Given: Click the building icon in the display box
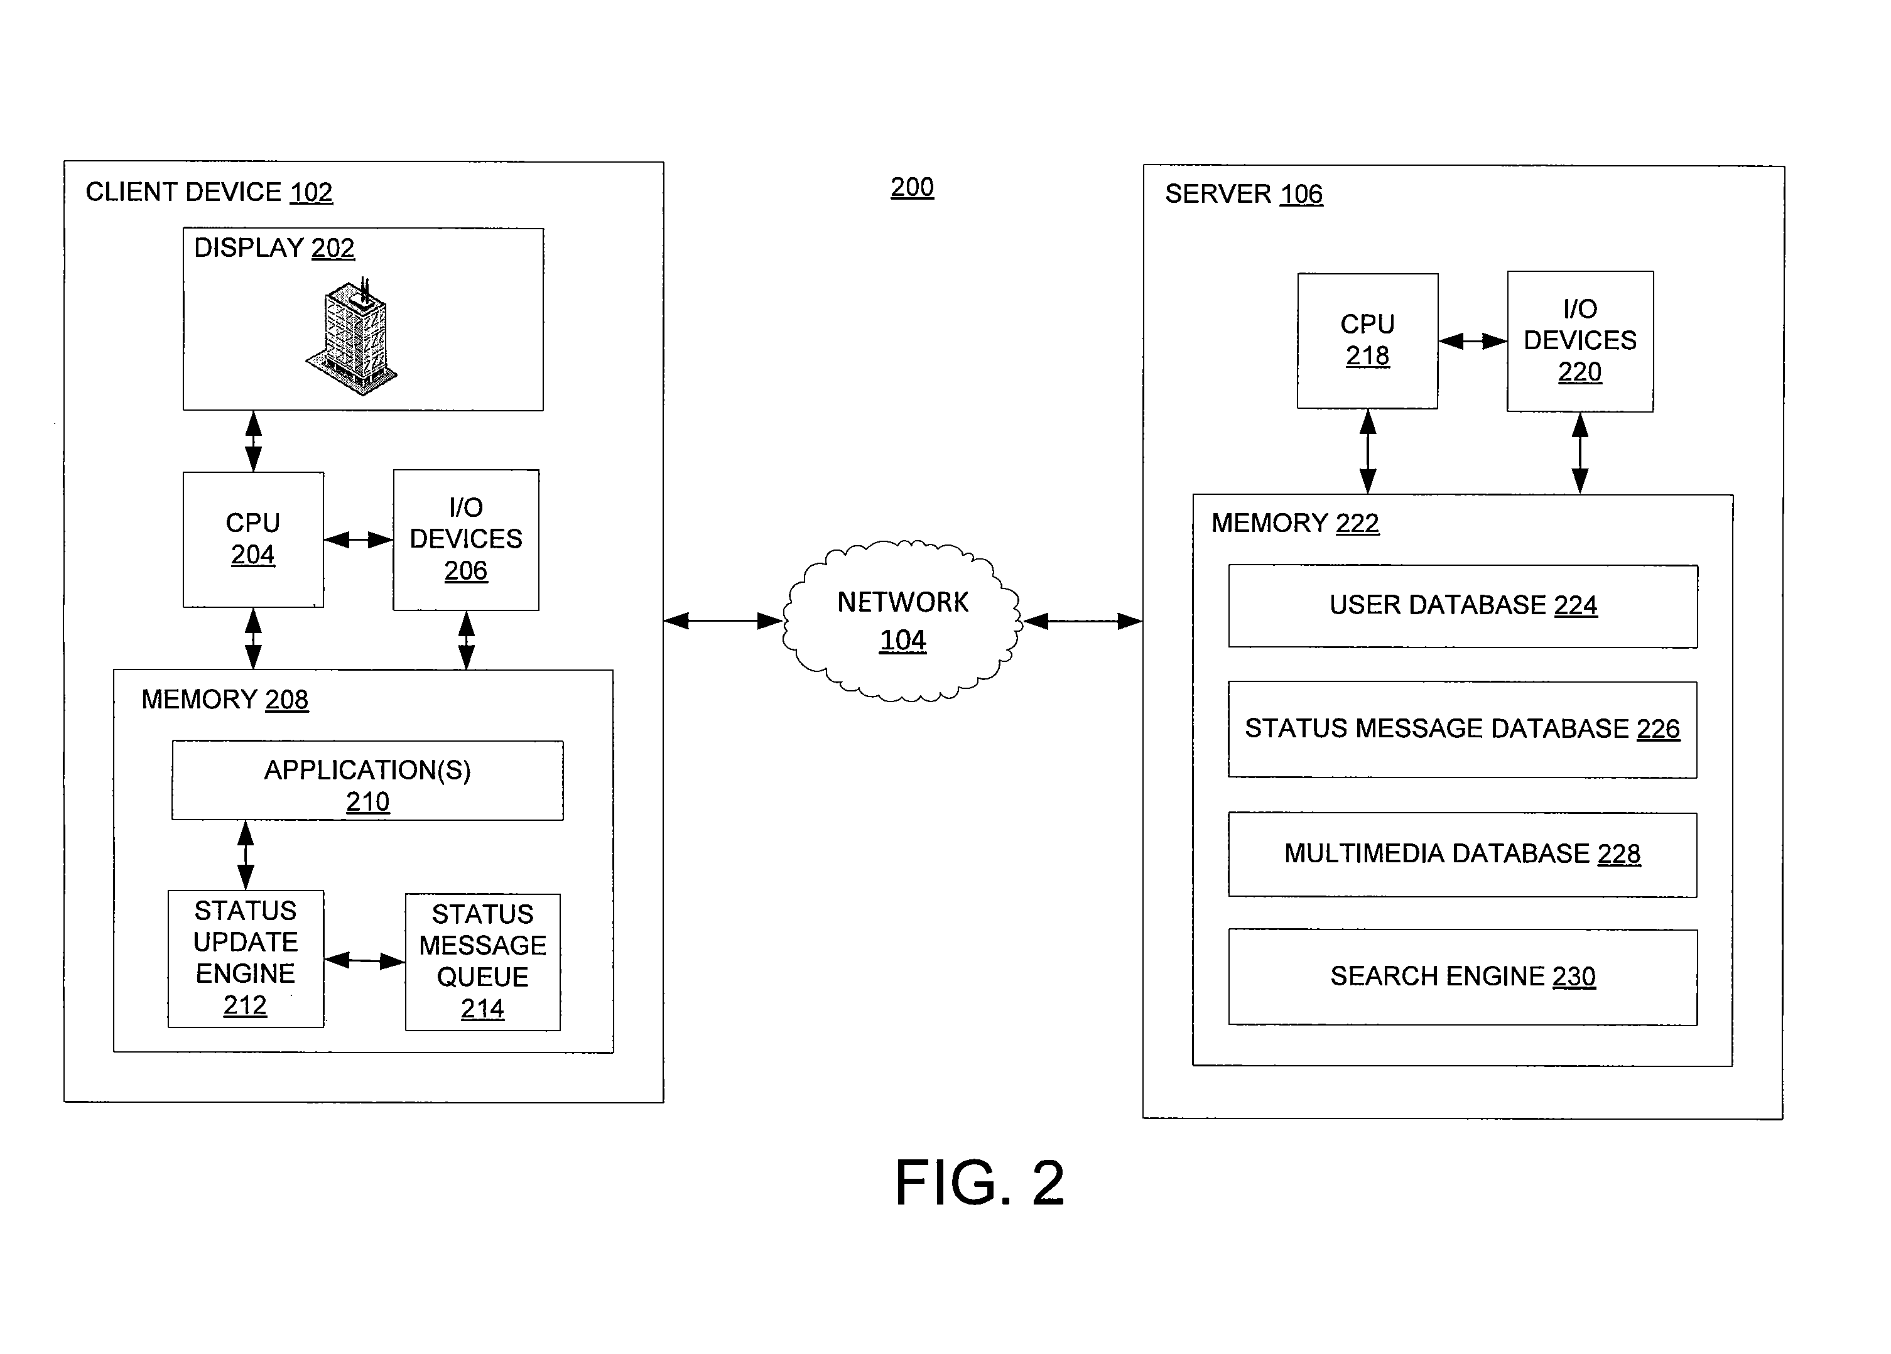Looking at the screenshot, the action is (x=351, y=336).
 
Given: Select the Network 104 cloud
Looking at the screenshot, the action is (x=902, y=621).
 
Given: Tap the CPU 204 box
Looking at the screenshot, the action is (x=254, y=539).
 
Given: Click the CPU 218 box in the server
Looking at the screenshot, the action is (x=1367, y=341).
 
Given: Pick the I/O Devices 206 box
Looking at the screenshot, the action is (x=466, y=539).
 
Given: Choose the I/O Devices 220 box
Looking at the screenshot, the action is (x=1580, y=341).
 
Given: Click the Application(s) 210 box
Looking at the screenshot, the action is (x=367, y=781).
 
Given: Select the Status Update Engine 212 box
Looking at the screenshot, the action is (x=246, y=959).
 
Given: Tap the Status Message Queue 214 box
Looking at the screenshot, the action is (x=483, y=962).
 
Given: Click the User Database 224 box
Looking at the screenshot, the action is (x=1463, y=606).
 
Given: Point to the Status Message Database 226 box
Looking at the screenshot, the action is (x=1463, y=730).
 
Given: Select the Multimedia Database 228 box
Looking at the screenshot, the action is (x=1463, y=855).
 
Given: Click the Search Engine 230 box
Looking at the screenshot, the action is (x=1463, y=977).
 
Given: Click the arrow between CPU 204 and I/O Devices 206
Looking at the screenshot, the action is (x=359, y=540).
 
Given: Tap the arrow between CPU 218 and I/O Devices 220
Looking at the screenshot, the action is (x=1473, y=341).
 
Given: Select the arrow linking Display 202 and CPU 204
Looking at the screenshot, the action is (x=254, y=441).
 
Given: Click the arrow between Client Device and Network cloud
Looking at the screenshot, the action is (x=723, y=620).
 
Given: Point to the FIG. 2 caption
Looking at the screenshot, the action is (x=980, y=1183).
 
